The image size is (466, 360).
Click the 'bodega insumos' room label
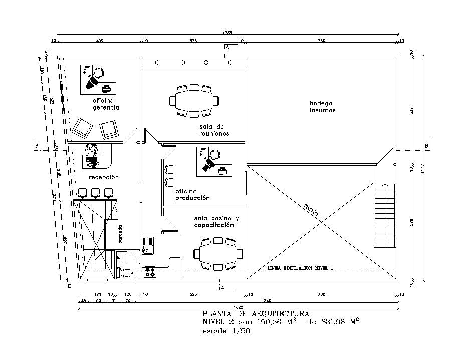tap(322, 107)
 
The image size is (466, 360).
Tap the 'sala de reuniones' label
tap(214, 130)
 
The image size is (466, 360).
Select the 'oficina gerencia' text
tap(105, 104)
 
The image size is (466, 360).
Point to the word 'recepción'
tap(104, 177)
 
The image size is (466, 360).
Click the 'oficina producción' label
tap(192, 195)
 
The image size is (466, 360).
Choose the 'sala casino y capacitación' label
tap(217, 222)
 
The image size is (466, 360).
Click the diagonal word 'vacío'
tap(311, 209)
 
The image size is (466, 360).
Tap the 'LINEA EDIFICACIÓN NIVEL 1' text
tap(300, 269)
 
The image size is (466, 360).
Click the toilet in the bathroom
tap(126, 273)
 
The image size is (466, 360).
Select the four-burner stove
tap(150, 272)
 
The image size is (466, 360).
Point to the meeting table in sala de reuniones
tap(195, 101)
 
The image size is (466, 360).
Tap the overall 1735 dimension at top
tap(227, 33)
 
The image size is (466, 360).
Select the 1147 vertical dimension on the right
tap(422, 170)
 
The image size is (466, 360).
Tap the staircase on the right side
tap(385, 215)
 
